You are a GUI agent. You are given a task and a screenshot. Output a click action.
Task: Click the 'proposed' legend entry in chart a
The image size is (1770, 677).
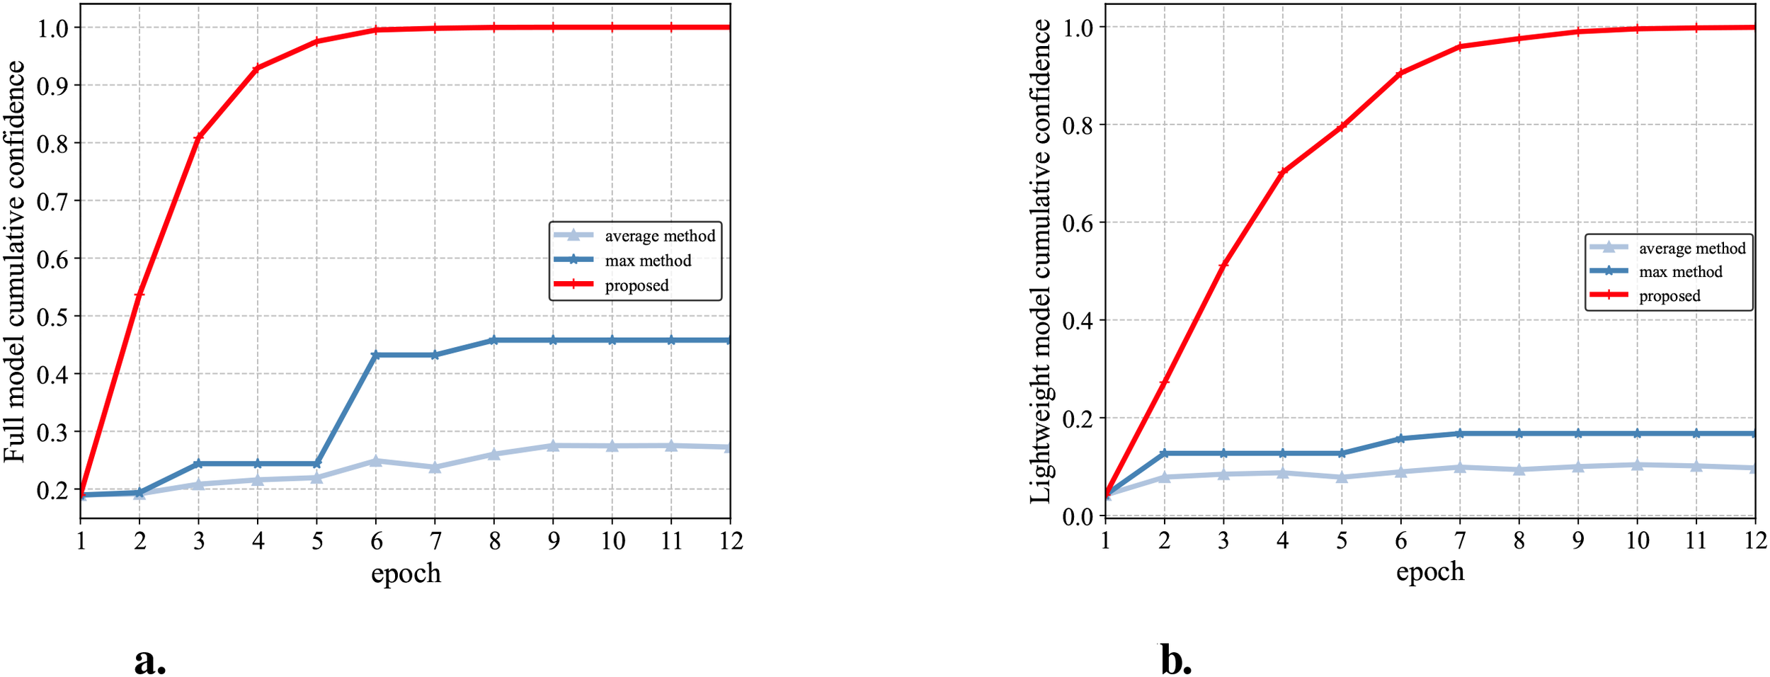[636, 285]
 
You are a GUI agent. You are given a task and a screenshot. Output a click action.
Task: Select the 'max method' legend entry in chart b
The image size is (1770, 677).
[1680, 272]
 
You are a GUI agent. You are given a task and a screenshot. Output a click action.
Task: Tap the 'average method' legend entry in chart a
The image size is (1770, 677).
[659, 236]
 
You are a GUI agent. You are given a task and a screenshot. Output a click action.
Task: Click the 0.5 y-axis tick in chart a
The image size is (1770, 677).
[52, 317]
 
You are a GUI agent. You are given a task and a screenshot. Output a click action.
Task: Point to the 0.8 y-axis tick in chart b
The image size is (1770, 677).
[1078, 125]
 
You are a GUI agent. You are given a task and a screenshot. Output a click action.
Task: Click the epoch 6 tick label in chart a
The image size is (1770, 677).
[377, 542]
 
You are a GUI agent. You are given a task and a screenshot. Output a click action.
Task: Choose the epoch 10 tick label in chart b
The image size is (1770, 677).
[1636, 541]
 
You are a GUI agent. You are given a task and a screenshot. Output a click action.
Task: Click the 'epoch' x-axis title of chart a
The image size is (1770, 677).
[406, 573]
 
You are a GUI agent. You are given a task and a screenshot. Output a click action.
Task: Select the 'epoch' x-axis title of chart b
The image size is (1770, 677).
[1430, 571]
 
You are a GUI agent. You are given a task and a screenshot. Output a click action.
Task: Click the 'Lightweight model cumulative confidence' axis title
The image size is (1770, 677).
[1040, 262]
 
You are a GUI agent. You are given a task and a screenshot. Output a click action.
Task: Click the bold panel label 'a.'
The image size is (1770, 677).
[150, 661]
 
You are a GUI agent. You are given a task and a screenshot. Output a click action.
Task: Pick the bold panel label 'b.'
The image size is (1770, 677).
[1176, 661]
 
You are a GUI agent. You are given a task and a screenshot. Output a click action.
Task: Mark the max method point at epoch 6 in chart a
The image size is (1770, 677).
[376, 355]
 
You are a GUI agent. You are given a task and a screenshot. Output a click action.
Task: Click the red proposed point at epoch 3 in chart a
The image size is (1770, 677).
[199, 137]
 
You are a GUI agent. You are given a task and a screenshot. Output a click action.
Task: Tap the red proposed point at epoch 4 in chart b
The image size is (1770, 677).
[1282, 172]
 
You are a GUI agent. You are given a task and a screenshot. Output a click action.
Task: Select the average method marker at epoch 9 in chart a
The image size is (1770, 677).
[553, 445]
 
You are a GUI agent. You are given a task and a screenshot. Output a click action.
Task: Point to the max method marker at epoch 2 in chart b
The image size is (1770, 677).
[1164, 453]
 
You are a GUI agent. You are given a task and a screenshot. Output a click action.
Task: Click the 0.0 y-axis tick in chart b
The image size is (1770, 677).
[1078, 517]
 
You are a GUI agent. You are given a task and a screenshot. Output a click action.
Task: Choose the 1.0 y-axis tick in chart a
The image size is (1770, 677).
[52, 28]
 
